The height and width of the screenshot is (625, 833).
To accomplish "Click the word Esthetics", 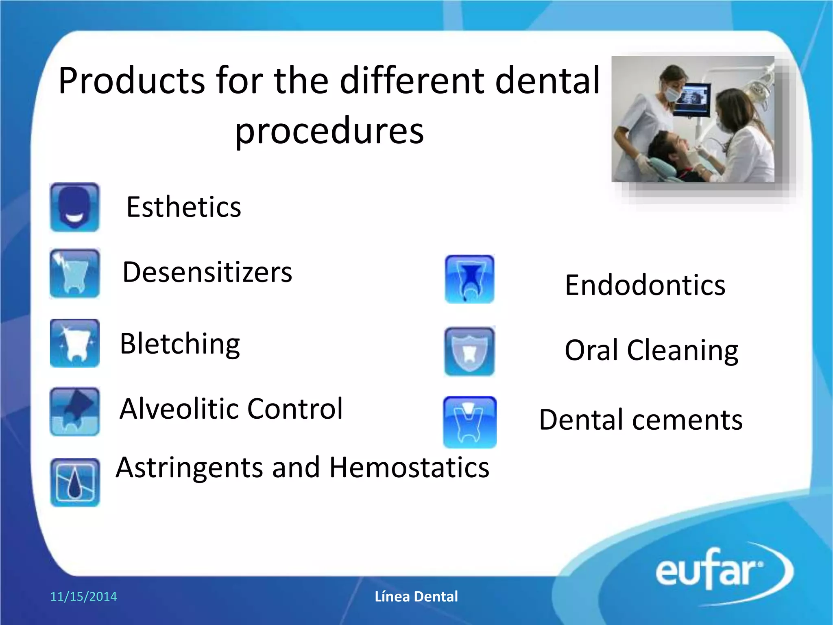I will pyautogui.click(x=183, y=207).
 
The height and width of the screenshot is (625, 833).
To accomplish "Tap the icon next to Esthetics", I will pyautogui.click(x=74, y=208).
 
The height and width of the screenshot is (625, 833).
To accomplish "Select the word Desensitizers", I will pyautogui.click(x=207, y=272).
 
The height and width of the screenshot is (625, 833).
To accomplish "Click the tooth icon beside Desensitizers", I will pyautogui.click(x=74, y=273).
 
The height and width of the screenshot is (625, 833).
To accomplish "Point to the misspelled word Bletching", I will pyautogui.click(x=180, y=344).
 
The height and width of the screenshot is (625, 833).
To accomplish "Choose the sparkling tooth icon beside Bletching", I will pyautogui.click(x=74, y=343).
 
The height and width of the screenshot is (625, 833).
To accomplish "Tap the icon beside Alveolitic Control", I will pyautogui.click(x=74, y=411).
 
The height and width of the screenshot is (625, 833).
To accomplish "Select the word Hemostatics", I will pyautogui.click(x=409, y=468).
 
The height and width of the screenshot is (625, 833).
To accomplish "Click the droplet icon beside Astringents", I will pyautogui.click(x=75, y=483).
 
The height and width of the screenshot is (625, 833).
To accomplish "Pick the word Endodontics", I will pyautogui.click(x=645, y=285).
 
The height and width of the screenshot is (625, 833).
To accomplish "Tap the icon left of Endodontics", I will pyautogui.click(x=469, y=279).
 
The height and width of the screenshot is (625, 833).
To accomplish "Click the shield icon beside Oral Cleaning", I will pyautogui.click(x=469, y=351).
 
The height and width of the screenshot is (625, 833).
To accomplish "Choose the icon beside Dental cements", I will pyautogui.click(x=469, y=422).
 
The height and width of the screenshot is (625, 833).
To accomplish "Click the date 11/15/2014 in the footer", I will pyautogui.click(x=83, y=597).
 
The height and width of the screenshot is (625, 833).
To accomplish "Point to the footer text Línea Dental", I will pyautogui.click(x=416, y=597).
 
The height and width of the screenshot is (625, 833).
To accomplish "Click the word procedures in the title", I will pyautogui.click(x=329, y=131).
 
